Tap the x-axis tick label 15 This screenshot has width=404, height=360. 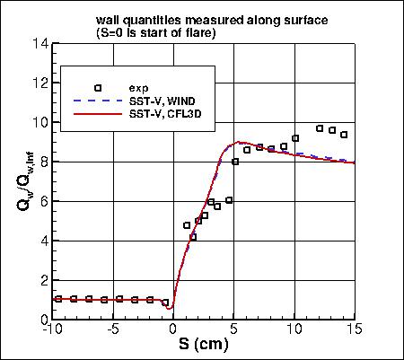coord(356,329)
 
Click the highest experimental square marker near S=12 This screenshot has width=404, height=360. coord(320,128)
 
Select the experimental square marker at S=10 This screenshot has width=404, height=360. coord(295,138)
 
